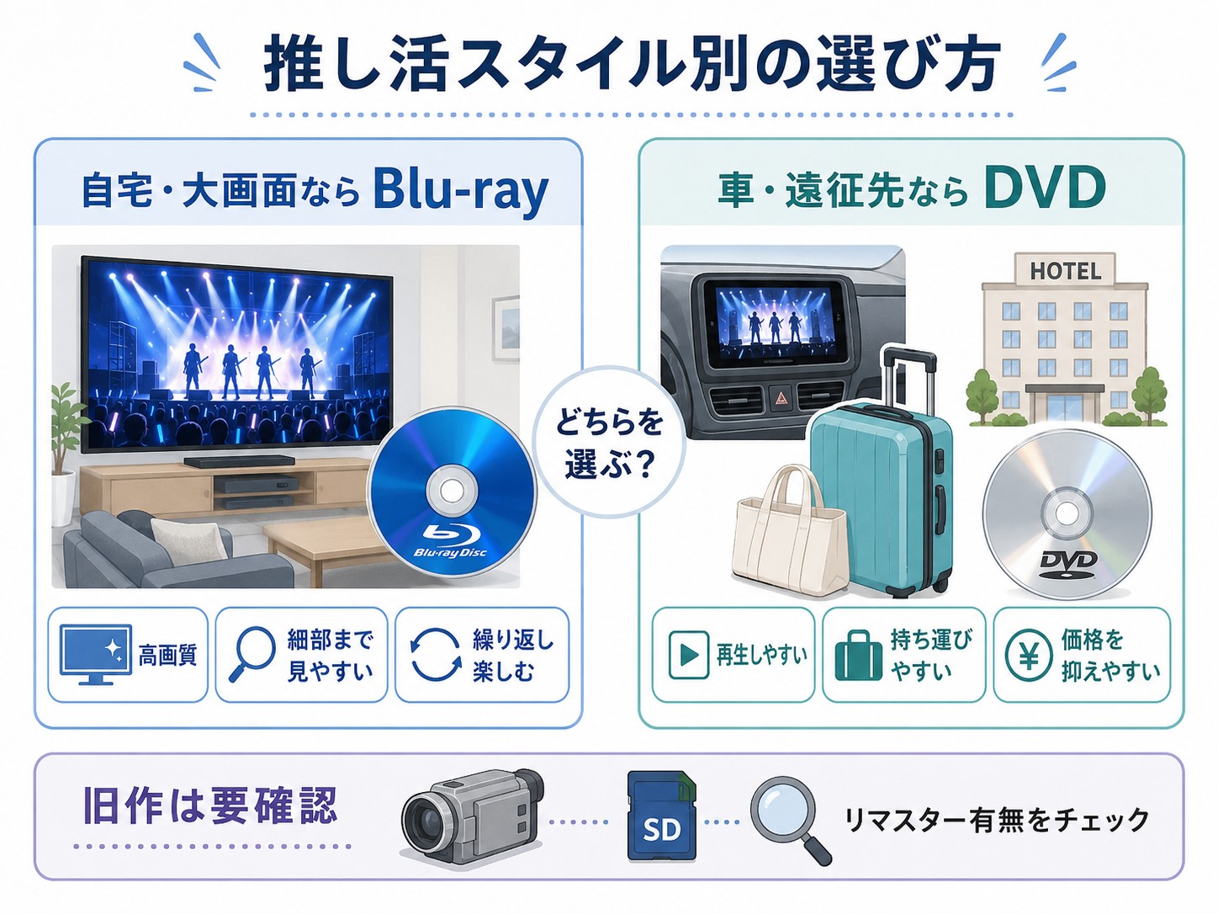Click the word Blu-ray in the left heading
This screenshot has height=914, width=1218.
(x=461, y=191)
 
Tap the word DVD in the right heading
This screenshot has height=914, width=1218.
(x=1045, y=188)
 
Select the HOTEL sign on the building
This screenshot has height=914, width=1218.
(x=1066, y=271)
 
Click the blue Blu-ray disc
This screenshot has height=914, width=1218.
(x=451, y=492)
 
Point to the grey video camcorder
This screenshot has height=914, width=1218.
(x=472, y=816)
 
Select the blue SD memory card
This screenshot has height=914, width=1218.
(x=661, y=816)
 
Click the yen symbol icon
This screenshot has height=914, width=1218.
(x=1028, y=656)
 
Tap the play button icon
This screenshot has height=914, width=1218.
(x=689, y=656)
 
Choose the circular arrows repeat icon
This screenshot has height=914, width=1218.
(x=436, y=655)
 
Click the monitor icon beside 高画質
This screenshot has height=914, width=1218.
(x=95, y=654)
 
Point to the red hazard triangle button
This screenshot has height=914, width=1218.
(x=780, y=397)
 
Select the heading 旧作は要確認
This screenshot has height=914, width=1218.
(x=210, y=805)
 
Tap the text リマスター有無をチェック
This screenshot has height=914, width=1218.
(x=997, y=820)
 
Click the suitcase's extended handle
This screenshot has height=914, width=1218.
(x=909, y=377)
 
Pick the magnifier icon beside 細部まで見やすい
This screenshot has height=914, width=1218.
(x=252, y=654)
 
